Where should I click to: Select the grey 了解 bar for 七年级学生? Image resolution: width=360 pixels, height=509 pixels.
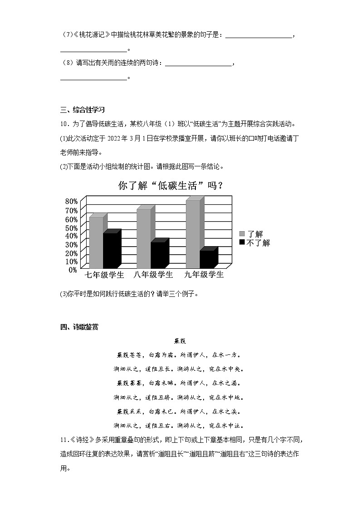96,242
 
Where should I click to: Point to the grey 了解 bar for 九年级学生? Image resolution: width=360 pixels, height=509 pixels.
193,233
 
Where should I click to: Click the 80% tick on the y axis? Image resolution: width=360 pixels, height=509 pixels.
72,201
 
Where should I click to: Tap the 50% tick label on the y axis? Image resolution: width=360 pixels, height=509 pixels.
72,227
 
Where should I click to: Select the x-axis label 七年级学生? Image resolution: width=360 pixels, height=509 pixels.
105,275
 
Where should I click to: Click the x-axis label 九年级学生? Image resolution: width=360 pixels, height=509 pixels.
204,275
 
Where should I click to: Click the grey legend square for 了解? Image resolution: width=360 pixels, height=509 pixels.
242,234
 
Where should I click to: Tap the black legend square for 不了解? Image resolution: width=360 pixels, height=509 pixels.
242,242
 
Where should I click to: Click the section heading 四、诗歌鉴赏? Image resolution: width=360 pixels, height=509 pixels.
79,327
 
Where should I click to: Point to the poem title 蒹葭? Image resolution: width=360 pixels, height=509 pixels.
180,341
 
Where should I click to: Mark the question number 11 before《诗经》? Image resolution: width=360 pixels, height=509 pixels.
64,440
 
